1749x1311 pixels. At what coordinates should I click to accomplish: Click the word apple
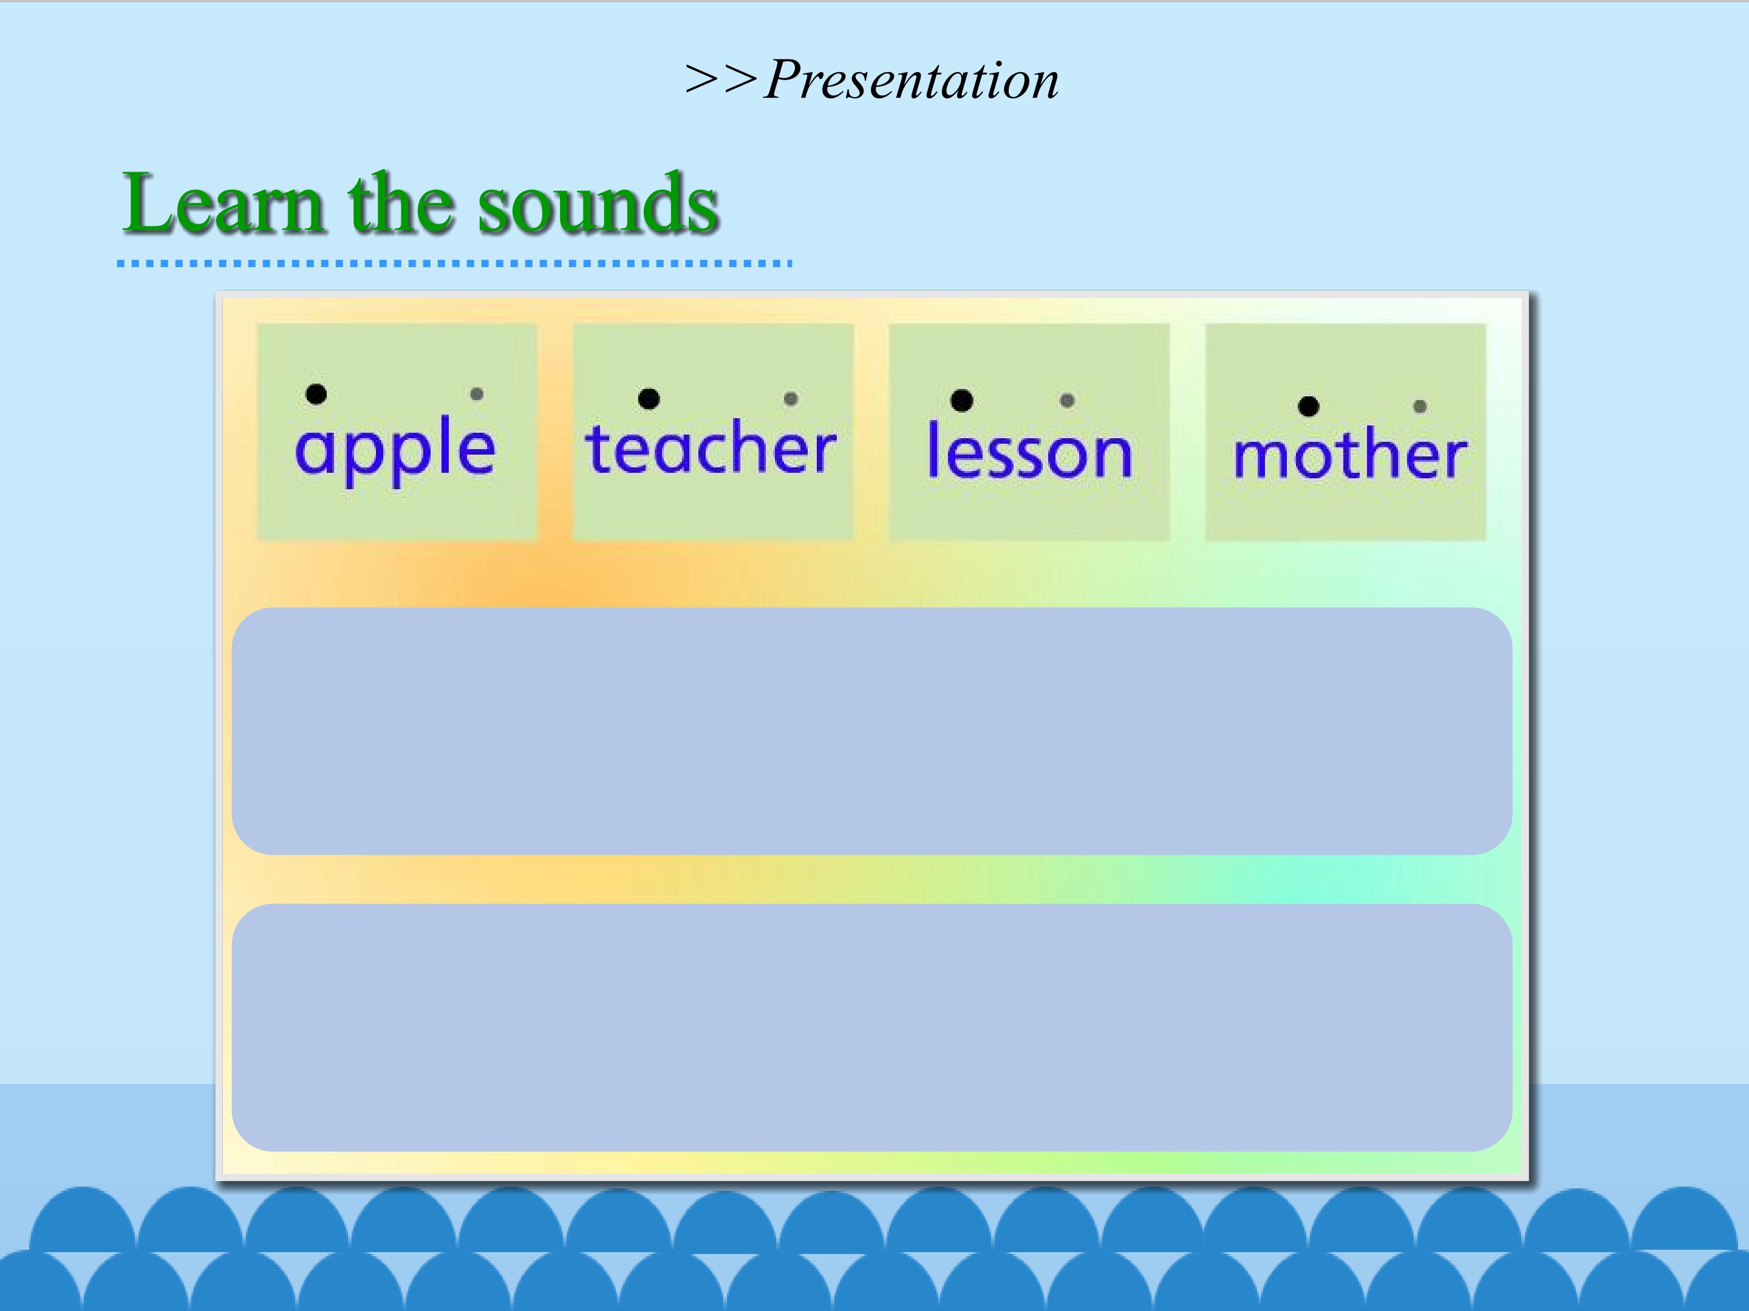(395, 448)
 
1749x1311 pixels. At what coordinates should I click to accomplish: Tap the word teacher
(710, 448)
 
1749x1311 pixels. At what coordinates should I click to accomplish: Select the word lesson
(1029, 450)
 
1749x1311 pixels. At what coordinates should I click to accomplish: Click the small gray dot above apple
(477, 393)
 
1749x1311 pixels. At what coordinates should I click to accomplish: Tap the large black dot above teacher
(649, 399)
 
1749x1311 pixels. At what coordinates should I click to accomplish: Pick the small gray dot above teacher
(791, 399)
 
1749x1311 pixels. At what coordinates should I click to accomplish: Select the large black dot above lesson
(961, 401)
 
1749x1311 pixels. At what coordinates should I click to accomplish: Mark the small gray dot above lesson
(1066, 401)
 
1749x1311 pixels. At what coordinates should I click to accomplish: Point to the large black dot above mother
(1309, 406)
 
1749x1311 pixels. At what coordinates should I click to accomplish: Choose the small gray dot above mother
(1419, 406)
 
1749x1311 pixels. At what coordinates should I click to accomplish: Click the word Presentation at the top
(912, 81)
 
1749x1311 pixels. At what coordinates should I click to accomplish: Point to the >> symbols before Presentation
(722, 81)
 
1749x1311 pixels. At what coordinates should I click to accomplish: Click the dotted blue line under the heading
(455, 263)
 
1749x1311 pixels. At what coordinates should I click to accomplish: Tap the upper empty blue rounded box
(871, 731)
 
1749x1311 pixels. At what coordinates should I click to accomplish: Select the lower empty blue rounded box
(871, 1028)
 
